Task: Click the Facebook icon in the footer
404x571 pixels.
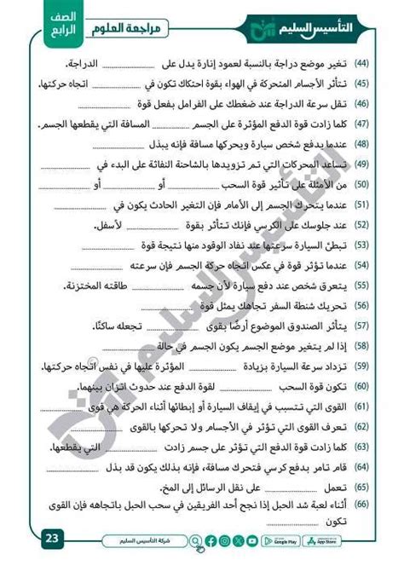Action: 211,540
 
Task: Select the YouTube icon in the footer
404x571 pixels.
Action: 252,540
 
